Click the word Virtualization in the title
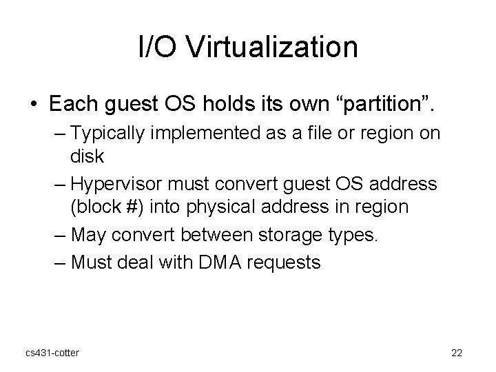273,48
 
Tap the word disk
87,156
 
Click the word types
351,234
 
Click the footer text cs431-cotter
52,353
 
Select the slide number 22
456,353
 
